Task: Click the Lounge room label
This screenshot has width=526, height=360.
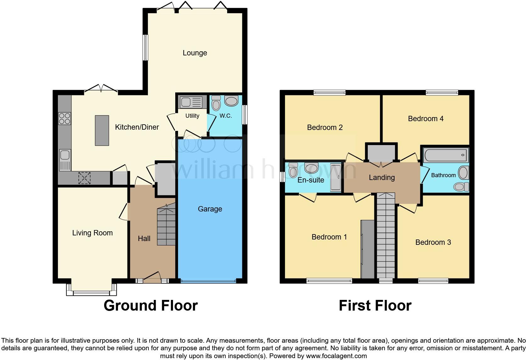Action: click(195, 53)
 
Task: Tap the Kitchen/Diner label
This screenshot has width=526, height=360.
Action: click(137, 127)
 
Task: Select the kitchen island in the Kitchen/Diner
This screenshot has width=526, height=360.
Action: click(102, 130)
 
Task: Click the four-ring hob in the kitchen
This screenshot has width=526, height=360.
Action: click(64, 118)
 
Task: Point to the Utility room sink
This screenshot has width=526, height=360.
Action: click(191, 102)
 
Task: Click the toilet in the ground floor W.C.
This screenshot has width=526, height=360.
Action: click(216, 103)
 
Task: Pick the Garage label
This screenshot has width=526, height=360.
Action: click(210, 209)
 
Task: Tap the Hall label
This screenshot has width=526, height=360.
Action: click(144, 239)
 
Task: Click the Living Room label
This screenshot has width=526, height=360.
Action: click(92, 233)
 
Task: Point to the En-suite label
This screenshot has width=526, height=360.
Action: click(311, 180)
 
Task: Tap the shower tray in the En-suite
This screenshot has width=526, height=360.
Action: click(335, 177)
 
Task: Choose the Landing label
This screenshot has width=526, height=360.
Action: click(382, 177)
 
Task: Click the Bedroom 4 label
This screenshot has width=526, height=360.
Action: click(426, 119)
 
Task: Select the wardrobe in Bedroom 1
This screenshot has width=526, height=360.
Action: click(367, 249)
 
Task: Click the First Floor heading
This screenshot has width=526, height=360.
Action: click(375, 306)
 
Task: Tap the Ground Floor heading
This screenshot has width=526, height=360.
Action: click(151, 306)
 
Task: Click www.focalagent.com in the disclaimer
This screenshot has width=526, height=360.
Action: click(336, 356)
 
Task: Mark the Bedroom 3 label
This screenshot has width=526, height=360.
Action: click(433, 242)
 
